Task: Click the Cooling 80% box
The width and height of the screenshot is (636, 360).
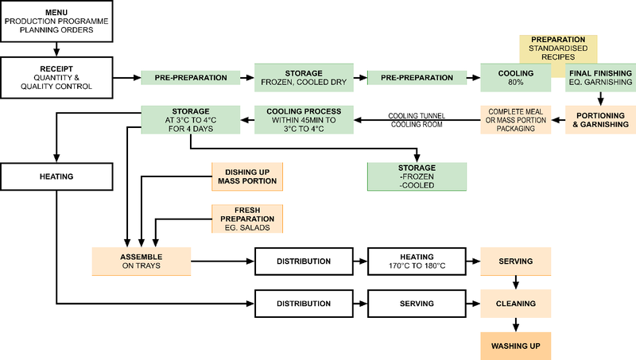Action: coord(516,78)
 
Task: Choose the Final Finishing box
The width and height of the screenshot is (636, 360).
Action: coord(601,78)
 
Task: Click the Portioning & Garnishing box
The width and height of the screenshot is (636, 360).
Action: coord(601,119)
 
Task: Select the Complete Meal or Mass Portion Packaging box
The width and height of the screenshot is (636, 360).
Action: coord(515,119)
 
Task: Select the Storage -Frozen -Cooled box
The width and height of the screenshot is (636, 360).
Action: coord(417,176)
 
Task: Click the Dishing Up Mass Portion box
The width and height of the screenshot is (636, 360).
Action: coord(246,176)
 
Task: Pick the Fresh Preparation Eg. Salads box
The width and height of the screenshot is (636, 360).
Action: coord(246,219)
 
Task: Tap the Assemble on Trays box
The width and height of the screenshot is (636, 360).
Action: coord(141,261)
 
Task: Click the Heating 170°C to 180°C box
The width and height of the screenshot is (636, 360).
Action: coord(417,261)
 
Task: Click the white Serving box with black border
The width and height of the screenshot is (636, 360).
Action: coord(417,304)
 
